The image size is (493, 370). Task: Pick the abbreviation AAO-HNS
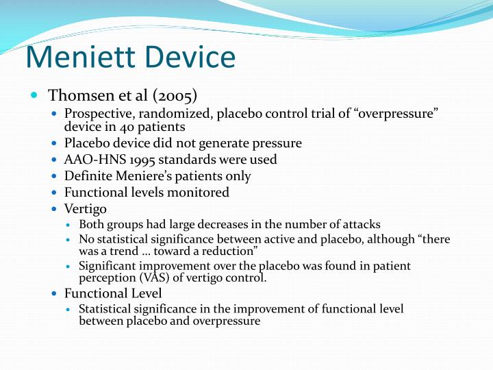pos(91,160)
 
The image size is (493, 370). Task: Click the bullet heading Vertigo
pos(86,209)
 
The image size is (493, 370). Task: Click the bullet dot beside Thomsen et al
pos(34,94)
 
